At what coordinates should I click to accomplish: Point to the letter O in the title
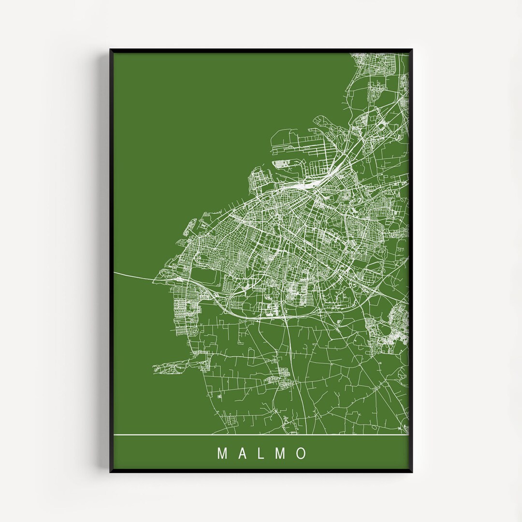[302, 453]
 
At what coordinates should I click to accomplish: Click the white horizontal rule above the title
[261, 435]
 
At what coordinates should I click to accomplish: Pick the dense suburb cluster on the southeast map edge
[394, 329]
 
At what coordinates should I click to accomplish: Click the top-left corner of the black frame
[110, 49]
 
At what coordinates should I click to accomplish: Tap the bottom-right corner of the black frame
[412, 472]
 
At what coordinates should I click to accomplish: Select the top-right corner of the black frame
[412, 49]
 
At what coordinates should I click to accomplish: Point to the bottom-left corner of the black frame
[110, 472]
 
